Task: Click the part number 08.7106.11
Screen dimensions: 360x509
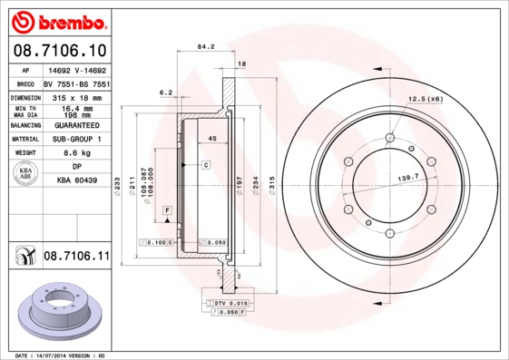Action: tap(76, 258)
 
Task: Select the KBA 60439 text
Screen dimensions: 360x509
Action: tap(76, 181)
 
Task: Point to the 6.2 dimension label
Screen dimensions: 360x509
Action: tap(165, 92)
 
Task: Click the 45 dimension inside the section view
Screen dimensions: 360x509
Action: tap(212, 138)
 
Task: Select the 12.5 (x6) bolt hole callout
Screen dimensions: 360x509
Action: tap(425, 98)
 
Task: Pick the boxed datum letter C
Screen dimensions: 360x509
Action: tap(206, 165)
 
